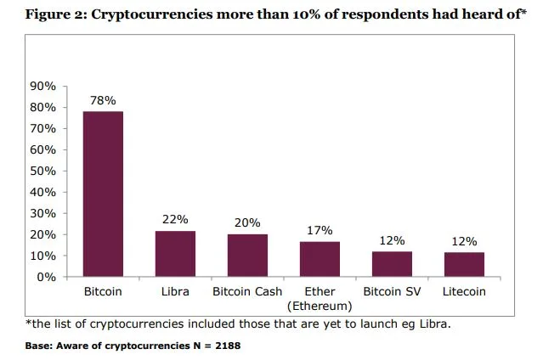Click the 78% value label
click(103, 100)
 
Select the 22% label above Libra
click(175, 219)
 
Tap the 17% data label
click(320, 230)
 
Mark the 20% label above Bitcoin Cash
click(247, 223)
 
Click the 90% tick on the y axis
click(43, 87)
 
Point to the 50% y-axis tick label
click(43, 171)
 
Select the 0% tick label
click(47, 277)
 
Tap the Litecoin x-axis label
click(464, 292)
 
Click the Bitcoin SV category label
click(392, 292)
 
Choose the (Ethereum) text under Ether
click(320, 305)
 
